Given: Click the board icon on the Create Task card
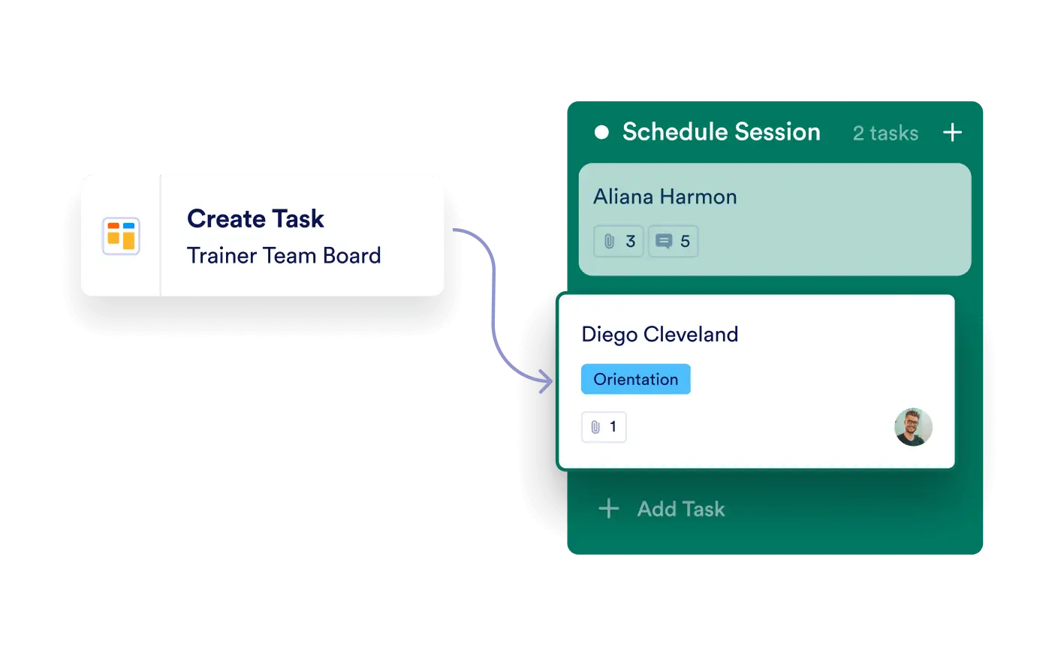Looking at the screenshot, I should click(121, 236).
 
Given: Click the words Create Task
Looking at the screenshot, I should click(255, 219).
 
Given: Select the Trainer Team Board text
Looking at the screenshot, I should click(284, 256).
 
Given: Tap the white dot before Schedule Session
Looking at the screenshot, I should click(601, 133).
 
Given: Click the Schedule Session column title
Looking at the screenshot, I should click(721, 132).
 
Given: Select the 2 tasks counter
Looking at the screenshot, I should click(885, 134).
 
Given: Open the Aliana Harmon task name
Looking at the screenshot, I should click(665, 197).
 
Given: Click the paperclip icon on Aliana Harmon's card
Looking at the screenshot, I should click(609, 242).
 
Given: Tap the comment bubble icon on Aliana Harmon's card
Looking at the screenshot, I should click(664, 242).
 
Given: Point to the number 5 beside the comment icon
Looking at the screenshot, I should click(685, 242).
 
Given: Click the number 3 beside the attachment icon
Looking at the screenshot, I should click(631, 242).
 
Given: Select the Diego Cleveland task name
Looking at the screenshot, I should click(659, 334).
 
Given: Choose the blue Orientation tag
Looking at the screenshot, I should click(635, 379).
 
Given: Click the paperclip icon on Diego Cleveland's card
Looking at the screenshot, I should click(595, 427).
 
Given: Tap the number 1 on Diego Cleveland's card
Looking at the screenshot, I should click(613, 427).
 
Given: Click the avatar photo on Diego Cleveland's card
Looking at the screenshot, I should click(913, 427).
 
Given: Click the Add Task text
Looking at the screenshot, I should click(680, 509).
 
